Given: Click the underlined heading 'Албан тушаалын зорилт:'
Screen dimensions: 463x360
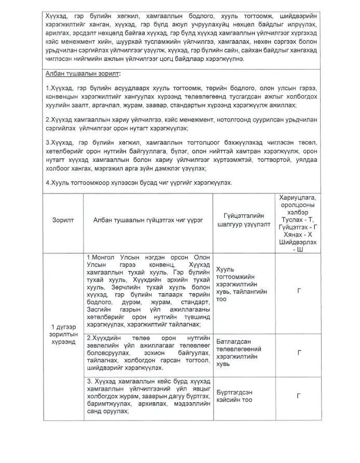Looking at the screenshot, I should point(84,74).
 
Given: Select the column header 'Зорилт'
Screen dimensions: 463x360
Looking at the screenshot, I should point(63,220).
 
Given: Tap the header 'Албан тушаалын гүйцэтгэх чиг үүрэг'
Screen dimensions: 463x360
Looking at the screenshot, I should point(148,220).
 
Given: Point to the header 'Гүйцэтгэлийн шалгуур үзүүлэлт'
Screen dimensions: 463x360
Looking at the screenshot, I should point(244,220).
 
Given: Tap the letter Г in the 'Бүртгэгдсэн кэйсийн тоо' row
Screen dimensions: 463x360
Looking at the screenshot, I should point(299,396).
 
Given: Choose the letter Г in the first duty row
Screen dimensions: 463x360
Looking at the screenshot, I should point(299,291).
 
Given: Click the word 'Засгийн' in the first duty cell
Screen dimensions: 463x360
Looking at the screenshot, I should point(101,309).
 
